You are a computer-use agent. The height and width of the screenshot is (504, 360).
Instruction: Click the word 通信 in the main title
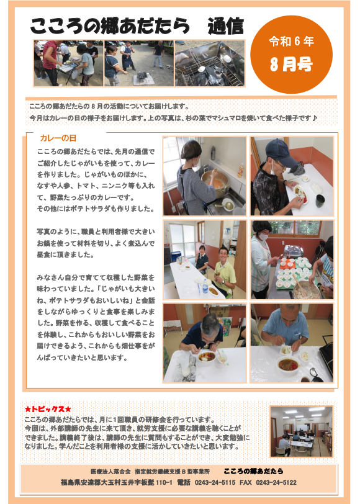(x=225, y=26)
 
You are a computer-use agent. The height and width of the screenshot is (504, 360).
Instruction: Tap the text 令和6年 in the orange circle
(x=291, y=41)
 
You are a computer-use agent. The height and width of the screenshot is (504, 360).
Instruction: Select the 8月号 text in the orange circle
(x=291, y=64)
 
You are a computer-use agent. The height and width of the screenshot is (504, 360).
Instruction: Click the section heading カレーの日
(x=58, y=138)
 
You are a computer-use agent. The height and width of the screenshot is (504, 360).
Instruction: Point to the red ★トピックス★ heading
(x=48, y=409)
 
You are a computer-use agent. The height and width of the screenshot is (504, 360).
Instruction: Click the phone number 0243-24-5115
(x=215, y=482)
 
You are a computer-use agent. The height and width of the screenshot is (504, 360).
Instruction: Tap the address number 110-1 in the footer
(x=164, y=482)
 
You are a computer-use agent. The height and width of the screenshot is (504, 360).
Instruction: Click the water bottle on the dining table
(x=205, y=286)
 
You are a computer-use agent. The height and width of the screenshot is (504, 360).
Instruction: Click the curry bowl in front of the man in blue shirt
(x=289, y=364)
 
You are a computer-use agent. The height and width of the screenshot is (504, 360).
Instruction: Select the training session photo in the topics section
(x=301, y=431)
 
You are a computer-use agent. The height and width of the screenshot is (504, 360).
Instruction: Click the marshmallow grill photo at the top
(x=210, y=63)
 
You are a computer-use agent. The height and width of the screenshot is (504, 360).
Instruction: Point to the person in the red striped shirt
(x=50, y=63)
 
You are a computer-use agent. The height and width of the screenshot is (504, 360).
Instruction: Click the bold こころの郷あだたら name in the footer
(x=253, y=471)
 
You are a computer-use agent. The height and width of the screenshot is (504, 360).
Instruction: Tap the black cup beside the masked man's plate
(x=320, y=201)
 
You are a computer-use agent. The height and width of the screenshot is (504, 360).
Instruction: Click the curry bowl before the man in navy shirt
(x=207, y=357)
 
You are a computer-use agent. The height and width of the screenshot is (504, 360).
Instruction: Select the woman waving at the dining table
(x=201, y=259)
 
